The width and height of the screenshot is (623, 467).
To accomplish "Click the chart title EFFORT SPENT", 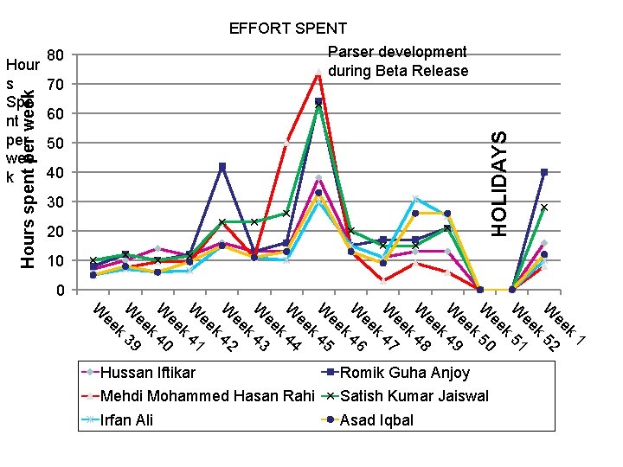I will tap(287, 29).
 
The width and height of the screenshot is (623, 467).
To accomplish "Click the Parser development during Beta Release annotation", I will tap(398, 61).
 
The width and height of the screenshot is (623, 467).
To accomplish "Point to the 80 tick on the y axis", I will tap(55, 55).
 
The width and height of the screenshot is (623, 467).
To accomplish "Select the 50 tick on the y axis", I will tap(55, 144).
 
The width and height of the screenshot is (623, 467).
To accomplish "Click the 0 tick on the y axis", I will tap(59, 291).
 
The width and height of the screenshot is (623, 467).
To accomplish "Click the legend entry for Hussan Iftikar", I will tap(148, 373).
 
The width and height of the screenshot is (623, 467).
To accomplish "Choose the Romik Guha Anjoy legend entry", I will tap(404, 373).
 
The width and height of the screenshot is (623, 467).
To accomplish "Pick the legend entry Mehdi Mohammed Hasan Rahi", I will tap(206, 397).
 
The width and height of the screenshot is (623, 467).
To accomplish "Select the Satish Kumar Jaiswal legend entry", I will tap(414, 397).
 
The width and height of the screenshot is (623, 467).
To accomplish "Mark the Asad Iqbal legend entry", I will tap(377, 421).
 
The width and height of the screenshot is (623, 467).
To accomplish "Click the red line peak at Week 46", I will tap(318, 73).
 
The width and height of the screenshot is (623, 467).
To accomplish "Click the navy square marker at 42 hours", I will tap(222, 166).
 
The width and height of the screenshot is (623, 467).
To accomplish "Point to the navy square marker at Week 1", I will tap(544, 172).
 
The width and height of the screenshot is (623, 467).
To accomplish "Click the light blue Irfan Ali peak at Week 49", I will tap(415, 199).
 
